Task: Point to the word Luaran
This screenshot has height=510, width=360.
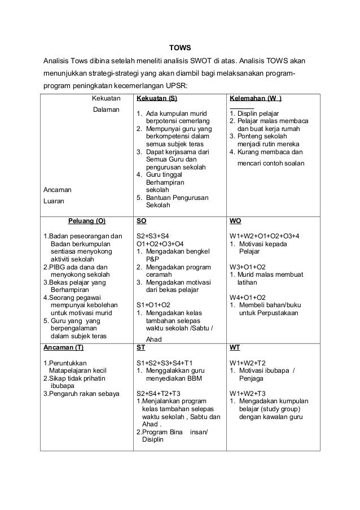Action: [55, 200]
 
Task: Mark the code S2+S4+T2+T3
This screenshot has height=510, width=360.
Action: [162, 393]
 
